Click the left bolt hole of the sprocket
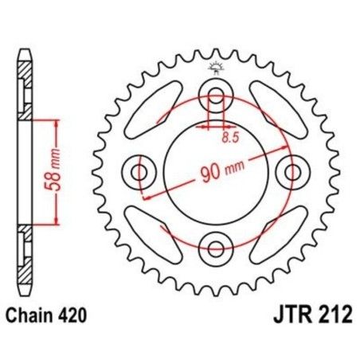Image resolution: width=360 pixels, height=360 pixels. pyautogui.click(x=140, y=171)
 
